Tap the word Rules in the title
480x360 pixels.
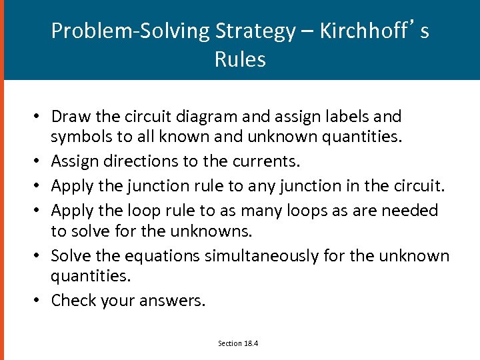click(x=240, y=59)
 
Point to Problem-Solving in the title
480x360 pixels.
click(x=131, y=31)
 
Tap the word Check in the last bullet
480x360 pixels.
click(x=73, y=301)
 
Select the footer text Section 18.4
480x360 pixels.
click(x=238, y=343)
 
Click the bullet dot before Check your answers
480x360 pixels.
click(x=41, y=301)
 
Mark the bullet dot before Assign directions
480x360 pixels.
click(x=41, y=162)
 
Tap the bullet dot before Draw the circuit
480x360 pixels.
click(x=41, y=117)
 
